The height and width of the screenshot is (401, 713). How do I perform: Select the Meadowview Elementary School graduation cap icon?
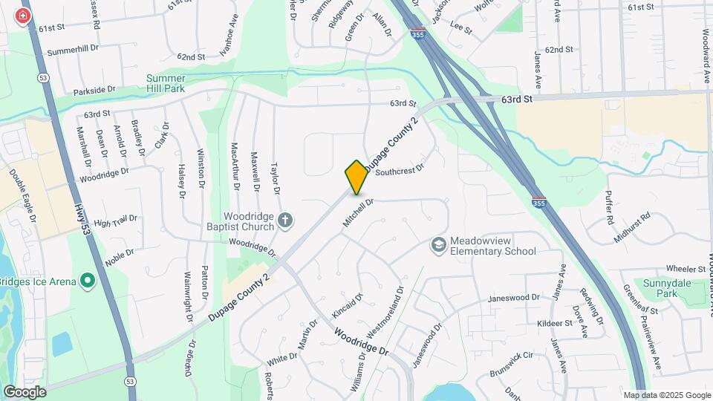click(x=439, y=244)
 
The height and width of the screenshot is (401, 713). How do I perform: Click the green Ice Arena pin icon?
click(x=88, y=280)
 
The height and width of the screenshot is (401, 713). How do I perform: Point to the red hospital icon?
click(x=23, y=16)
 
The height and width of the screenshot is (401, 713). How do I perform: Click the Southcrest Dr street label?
click(x=399, y=171)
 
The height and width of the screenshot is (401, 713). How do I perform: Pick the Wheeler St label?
click(x=685, y=268)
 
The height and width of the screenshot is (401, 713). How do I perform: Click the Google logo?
click(x=25, y=391)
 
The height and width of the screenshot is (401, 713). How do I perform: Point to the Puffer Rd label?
click(x=609, y=209)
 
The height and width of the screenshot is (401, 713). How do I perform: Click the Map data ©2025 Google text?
click(x=667, y=395)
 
